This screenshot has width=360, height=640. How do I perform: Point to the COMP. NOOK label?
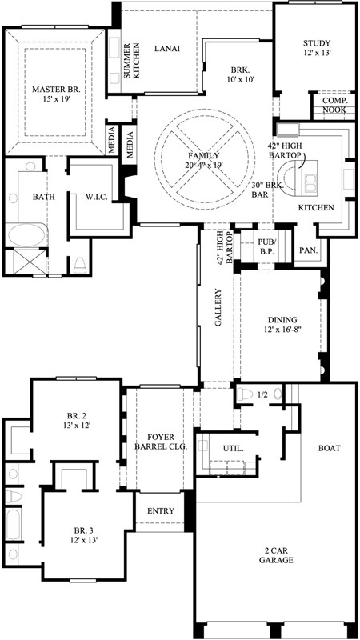click(334, 105)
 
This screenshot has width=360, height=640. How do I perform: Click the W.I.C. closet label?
click(97, 196)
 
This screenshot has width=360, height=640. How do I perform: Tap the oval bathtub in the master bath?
click(29, 238)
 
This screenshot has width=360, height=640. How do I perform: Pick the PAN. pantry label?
click(308, 250)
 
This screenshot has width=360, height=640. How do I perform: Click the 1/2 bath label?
click(263, 394)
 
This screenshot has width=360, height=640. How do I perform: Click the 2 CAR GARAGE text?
click(275, 555)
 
